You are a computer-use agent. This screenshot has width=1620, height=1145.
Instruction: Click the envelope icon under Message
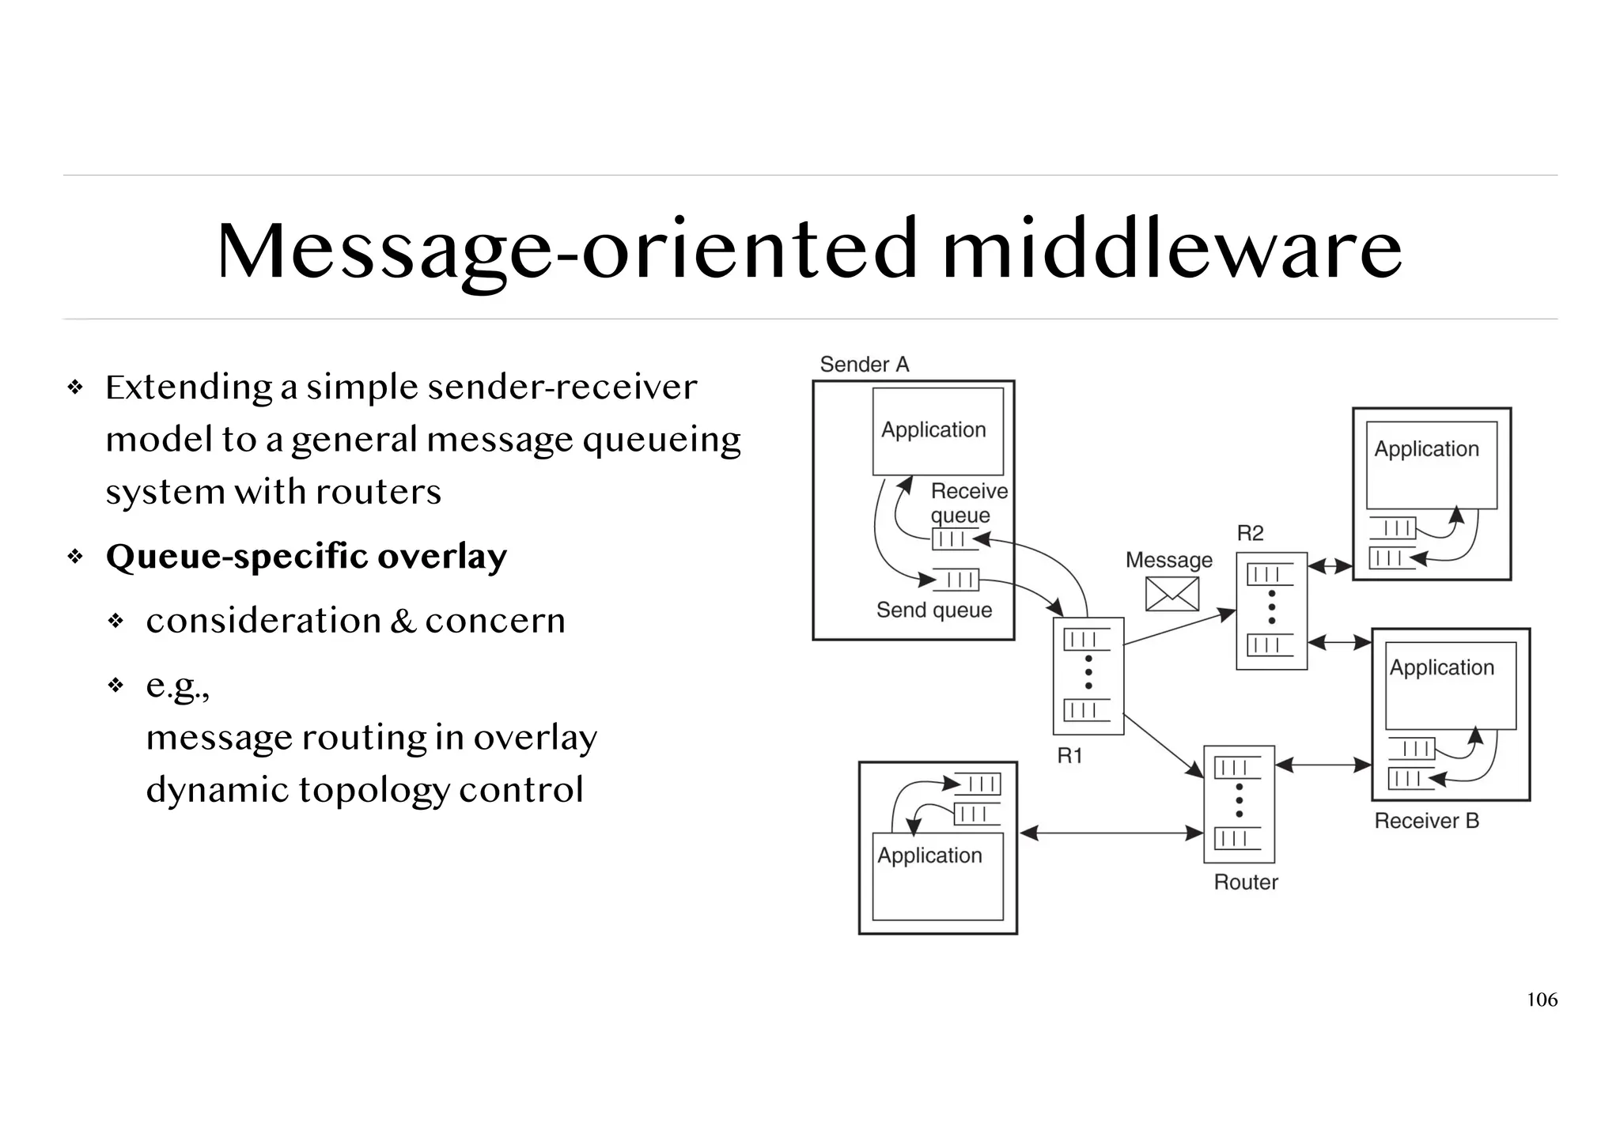click(x=1171, y=594)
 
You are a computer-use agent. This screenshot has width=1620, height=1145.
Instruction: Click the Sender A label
click(x=864, y=365)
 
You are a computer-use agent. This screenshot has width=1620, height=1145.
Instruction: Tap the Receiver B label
click(x=1426, y=821)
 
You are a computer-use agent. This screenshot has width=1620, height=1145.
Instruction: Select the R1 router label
click(x=1069, y=756)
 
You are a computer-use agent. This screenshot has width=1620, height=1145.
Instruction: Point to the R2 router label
click(x=1250, y=533)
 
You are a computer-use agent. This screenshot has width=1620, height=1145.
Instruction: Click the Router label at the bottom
click(x=1245, y=882)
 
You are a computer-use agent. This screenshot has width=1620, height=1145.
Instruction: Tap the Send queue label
click(x=933, y=610)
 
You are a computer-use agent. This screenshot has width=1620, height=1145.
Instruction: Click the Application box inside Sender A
click(x=937, y=431)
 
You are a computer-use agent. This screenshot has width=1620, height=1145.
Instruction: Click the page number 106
click(x=1541, y=1000)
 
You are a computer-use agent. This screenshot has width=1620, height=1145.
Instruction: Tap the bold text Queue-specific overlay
click(x=306, y=556)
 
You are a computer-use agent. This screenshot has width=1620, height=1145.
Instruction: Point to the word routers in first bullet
click(x=378, y=492)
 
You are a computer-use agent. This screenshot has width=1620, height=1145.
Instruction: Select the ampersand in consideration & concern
click(x=403, y=621)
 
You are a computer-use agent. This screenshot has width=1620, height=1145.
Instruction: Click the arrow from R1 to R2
click(x=1178, y=629)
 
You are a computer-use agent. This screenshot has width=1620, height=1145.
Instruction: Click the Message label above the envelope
click(x=1168, y=560)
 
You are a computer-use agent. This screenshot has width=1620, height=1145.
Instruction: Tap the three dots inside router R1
click(x=1088, y=672)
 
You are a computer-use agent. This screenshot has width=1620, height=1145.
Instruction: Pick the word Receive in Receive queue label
click(x=969, y=491)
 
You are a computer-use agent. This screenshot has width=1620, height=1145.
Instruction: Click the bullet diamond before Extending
click(x=76, y=387)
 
